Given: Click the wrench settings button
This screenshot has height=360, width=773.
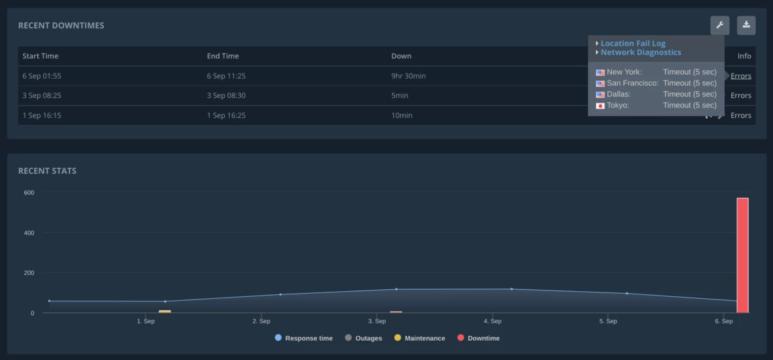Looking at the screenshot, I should [720, 26].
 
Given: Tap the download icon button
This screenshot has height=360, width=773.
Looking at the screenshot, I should [746, 26].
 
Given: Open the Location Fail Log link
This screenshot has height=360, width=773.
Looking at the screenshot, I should [633, 44].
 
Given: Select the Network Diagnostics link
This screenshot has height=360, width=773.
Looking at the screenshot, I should [640, 53].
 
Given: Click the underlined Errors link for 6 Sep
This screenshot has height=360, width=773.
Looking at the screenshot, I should [741, 76].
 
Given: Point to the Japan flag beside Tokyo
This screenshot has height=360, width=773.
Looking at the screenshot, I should [600, 106].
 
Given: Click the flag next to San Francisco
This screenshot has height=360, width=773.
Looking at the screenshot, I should [600, 84].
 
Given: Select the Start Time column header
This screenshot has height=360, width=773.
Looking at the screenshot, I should [41, 56].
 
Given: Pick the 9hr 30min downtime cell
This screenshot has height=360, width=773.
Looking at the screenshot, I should [408, 76].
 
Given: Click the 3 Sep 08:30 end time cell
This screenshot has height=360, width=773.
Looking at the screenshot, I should [226, 96].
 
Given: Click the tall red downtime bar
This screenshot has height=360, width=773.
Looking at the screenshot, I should [742, 255].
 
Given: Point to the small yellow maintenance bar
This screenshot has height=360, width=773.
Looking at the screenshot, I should [165, 312].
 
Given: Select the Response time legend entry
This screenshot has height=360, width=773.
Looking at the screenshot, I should [304, 338].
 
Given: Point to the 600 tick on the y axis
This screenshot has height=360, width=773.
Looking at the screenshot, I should [29, 193].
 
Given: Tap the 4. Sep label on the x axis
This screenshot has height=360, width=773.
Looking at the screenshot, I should [492, 321].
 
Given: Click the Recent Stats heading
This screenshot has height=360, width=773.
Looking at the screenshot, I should [47, 171].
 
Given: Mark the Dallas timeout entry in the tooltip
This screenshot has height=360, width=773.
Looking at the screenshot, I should [689, 95].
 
